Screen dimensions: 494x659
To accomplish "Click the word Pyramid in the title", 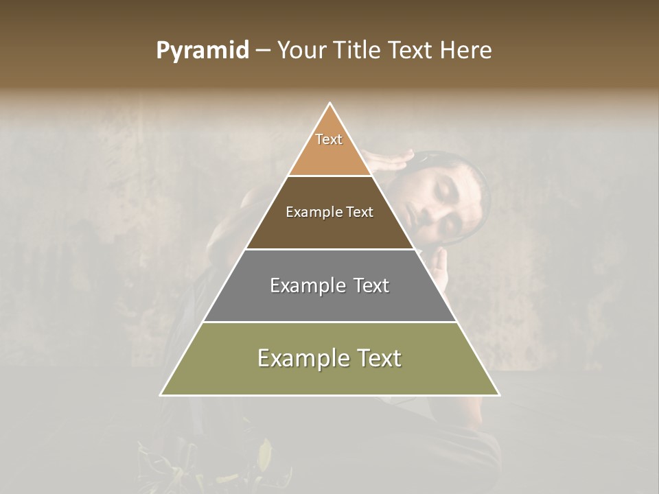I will coord(203,51).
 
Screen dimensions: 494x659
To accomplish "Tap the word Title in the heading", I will coord(360,51).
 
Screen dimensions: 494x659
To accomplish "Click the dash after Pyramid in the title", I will coord(263,51).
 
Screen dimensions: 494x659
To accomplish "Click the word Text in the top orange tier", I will coord(329,139).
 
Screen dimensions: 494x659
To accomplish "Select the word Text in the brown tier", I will coord(358,212).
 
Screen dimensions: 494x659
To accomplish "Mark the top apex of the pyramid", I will coord(330,104).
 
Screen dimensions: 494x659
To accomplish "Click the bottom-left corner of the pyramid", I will coord(161,395).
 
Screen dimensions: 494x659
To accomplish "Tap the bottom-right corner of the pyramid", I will coord(499,395).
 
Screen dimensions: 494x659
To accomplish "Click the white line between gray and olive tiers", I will coord(329,322).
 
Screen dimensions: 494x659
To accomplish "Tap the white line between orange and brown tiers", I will coord(329,176).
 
